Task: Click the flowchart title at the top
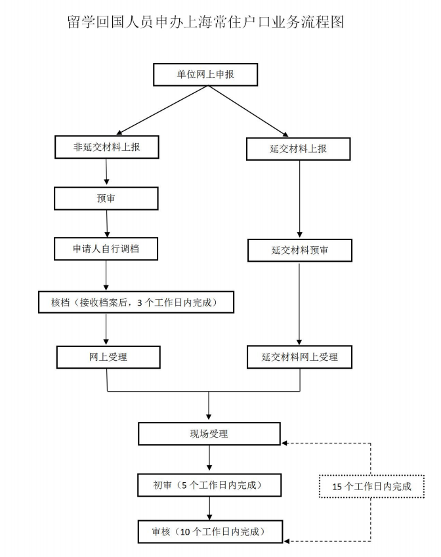pyautogui.click(x=206, y=22)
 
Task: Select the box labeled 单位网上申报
pyautogui.click(x=205, y=75)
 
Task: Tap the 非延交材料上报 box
pyautogui.click(x=106, y=148)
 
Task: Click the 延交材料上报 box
pyautogui.click(x=299, y=149)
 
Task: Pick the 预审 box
pyautogui.click(x=106, y=198)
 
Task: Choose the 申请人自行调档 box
pyautogui.click(x=106, y=249)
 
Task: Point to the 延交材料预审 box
pyautogui.click(x=299, y=250)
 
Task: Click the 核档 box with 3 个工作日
pyautogui.click(x=135, y=302)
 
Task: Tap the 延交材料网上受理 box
pyautogui.click(x=299, y=357)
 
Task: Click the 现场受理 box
pyautogui.click(x=209, y=434)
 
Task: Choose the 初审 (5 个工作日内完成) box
pyautogui.click(x=209, y=485)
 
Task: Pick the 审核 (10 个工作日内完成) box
pyautogui.click(x=209, y=530)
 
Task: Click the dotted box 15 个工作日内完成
pyautogui.click(x=371, y=486)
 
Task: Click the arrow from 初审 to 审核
pyautogui.click(x=209, y=508)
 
